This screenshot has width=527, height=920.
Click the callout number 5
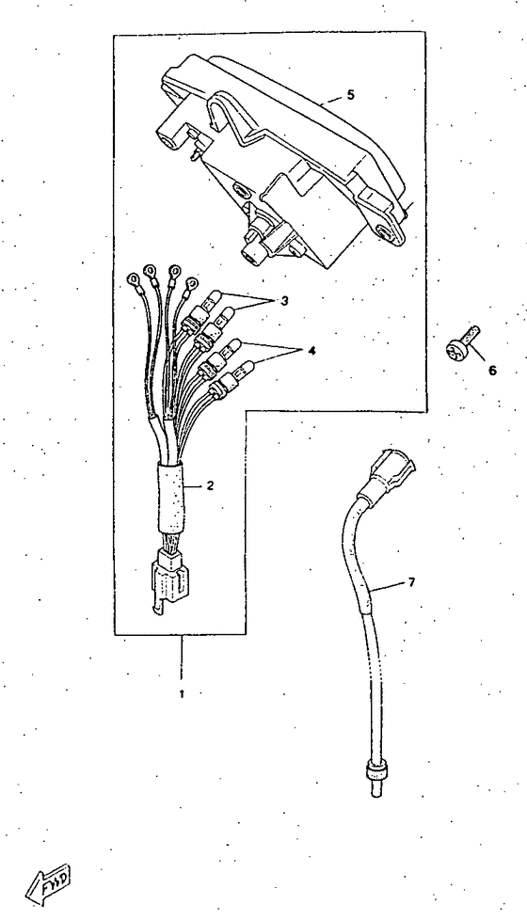(350, 94)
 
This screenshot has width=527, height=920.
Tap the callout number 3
(284, 301)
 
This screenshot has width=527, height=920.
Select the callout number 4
(311, 351)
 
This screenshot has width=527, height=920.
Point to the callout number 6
(492, 371)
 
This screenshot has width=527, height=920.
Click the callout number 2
(209, 485)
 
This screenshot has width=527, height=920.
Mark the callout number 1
(182, 694)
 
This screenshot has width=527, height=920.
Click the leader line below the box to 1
(182, 659)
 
